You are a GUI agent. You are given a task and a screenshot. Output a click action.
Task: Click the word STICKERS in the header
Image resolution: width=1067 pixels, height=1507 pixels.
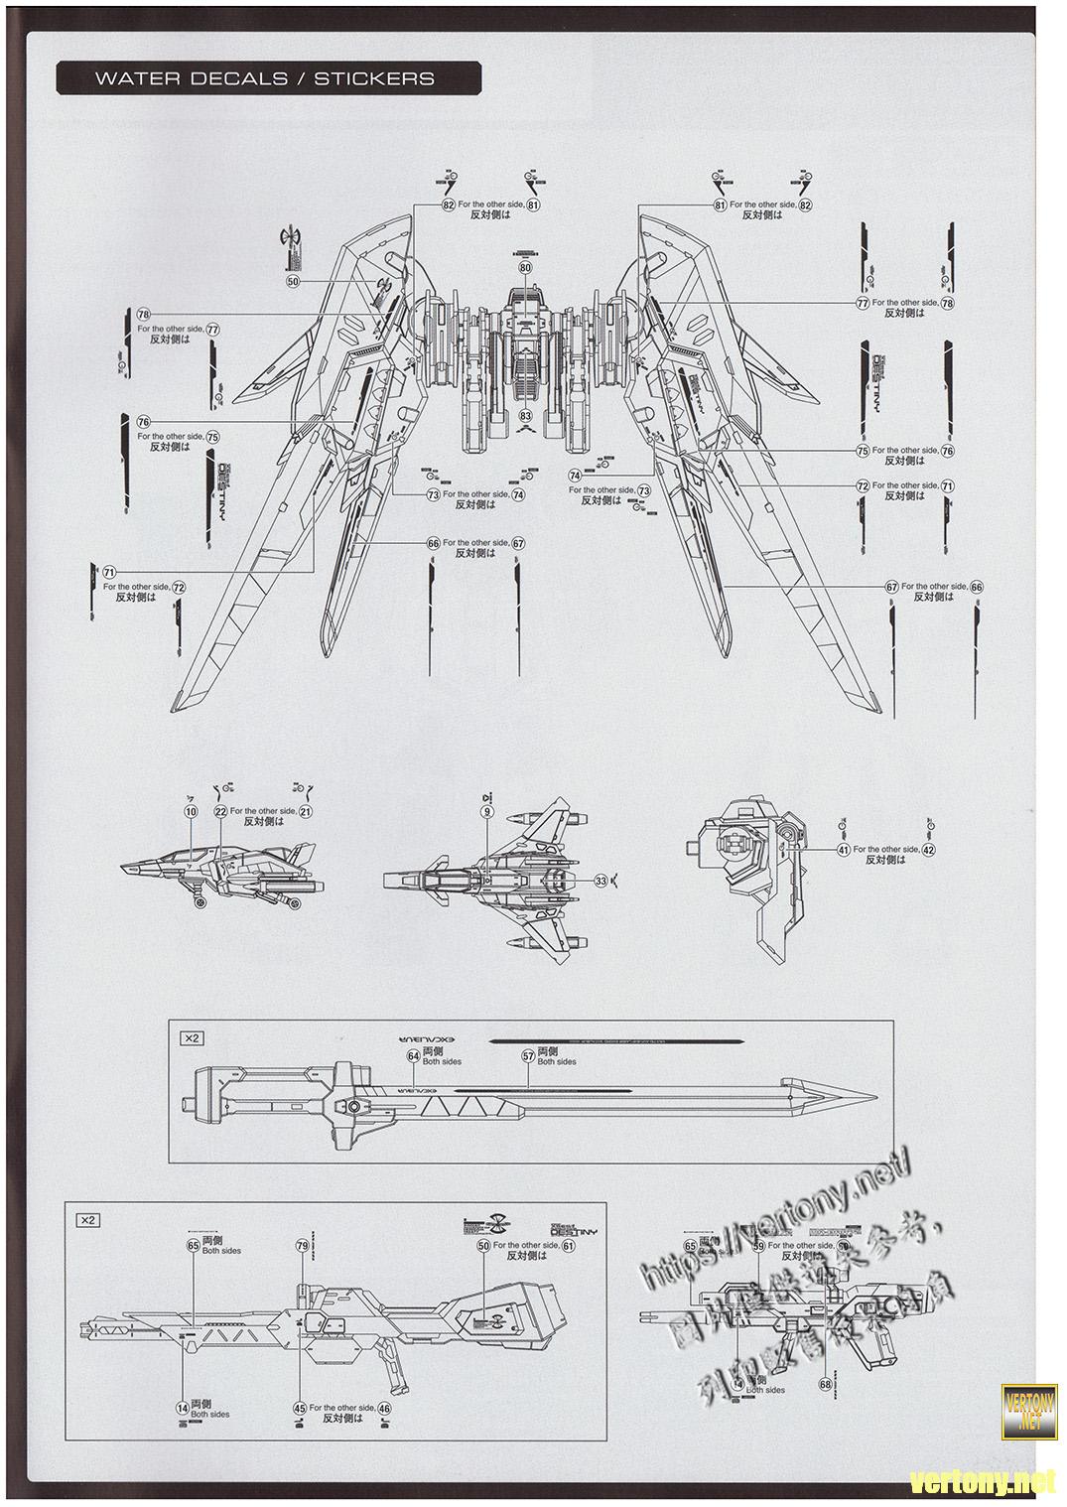(374, 79)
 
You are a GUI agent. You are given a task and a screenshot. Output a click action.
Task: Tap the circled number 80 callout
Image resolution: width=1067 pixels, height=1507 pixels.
(525, 268)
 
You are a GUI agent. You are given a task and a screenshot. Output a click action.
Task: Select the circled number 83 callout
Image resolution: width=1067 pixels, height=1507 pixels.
(525, 415)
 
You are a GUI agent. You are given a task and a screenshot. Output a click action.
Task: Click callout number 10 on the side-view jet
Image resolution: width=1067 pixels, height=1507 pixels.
(191, 811)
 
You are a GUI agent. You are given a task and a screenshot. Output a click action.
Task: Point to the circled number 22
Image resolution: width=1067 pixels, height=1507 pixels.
(220, 811)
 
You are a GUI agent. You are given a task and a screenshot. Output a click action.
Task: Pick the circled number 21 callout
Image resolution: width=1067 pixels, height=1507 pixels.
(306, 811)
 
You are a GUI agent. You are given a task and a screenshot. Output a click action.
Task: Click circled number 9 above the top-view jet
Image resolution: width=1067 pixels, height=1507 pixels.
(487, 811)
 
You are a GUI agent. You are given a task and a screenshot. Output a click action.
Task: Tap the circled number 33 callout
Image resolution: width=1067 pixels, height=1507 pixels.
(600, 880)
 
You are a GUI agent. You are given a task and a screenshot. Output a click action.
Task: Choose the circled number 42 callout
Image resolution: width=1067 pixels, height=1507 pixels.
(928, 849)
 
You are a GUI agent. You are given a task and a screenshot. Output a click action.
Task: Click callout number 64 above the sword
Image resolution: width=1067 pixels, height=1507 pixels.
(413, 1056)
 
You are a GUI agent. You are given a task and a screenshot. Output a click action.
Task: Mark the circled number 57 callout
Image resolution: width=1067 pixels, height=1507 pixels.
(528, 1056)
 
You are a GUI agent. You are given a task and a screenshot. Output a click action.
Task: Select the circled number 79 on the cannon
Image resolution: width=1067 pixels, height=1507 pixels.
(302, 1245)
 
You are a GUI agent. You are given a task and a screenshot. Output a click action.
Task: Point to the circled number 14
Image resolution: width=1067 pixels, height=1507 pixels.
(182, 1408)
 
